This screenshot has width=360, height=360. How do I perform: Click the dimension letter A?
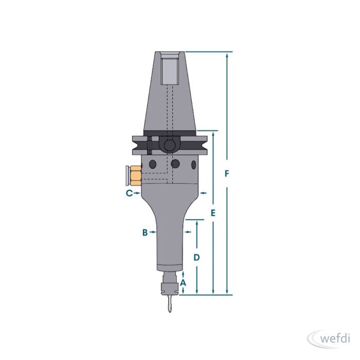pos(183,283)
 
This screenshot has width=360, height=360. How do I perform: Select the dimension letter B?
pos(145,232)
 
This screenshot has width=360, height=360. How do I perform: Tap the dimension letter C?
pos(129,193)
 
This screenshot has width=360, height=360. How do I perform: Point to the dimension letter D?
pos(196,258)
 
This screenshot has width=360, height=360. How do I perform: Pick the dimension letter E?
pos(213,213)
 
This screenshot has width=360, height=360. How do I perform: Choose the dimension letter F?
pos(227,174)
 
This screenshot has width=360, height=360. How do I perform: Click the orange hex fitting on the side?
pos(135,176)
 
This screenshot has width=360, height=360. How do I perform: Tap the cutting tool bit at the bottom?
pos(169,304)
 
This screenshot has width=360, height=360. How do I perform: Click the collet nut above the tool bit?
pos(170,289)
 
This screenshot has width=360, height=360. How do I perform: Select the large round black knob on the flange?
pos(169,145)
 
